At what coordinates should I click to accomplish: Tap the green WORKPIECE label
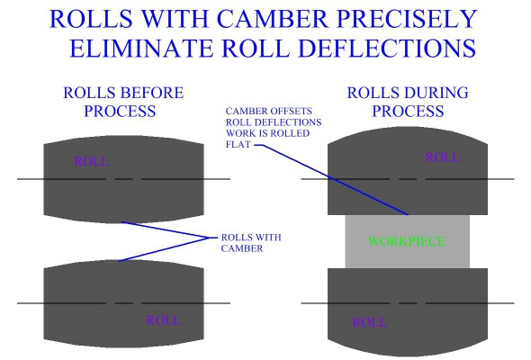click(406, 241)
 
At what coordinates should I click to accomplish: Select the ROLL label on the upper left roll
click(89, 162)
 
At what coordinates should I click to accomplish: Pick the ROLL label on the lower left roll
click(162, 319)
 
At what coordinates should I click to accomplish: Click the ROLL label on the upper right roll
click(442, 157)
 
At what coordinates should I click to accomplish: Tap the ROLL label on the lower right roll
click(370, 321)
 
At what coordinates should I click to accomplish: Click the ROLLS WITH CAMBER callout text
click(250, 243)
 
